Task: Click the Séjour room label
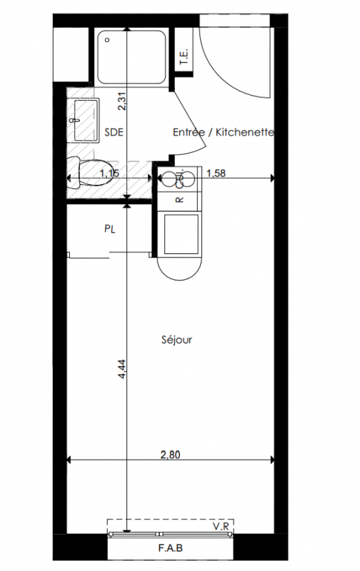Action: coord(176,340)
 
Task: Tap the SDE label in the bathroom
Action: coord(114,132)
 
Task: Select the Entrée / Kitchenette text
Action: coord(224,132)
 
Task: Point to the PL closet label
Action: coord(110,229)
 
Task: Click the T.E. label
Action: coord(184,56)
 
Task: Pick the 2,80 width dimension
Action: coord(171,455)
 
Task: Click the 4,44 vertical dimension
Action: coord(122,368)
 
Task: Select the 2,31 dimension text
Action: coord(122,101)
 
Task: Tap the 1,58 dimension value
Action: coord(216,173)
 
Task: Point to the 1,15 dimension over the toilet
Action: coord(110,173)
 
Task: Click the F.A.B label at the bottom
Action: coord(171,547)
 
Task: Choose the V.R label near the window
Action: coord(221,526)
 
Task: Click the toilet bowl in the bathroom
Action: coord(93,173)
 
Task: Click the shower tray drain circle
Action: coord(107,40)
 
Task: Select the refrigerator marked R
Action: coord(179,200)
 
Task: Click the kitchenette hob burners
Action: coord(179,179)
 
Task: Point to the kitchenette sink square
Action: coord(181,234)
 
